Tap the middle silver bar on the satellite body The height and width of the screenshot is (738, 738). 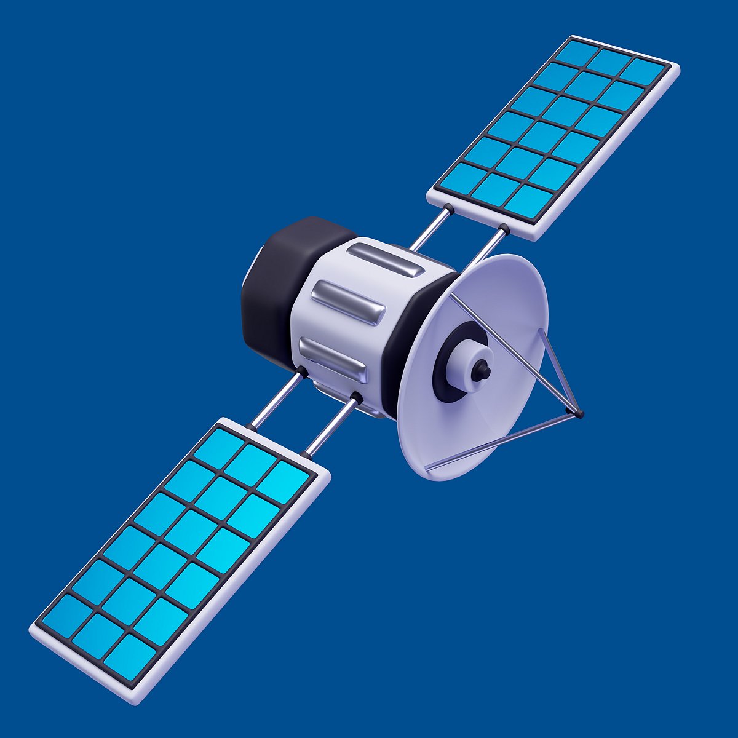(348, 303)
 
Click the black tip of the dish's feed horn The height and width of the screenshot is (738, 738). (484, 371)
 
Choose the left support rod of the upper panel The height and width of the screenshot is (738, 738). (430, 229)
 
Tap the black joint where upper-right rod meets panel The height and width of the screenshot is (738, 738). (504, 230)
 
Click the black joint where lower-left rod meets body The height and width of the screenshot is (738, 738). (302, 371)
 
